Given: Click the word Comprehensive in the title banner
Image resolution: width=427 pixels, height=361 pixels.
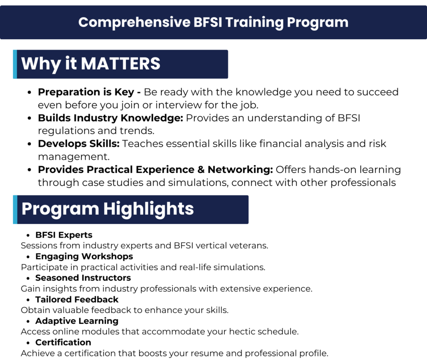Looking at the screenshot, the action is tap(135, 23).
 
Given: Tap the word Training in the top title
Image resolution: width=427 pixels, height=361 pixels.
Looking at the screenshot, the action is tap(254, 23).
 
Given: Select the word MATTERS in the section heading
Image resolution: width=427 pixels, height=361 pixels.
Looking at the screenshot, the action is tap(121, 63).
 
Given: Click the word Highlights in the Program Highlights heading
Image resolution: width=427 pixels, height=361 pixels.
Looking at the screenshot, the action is tap(148, 209).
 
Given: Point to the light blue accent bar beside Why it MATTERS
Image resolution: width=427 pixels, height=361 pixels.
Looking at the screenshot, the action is tap(15, 64).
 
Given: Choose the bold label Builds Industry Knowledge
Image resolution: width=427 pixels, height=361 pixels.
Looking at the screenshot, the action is tap(111, 118).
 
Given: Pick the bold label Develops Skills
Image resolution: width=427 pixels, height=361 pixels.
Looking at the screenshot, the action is tap(79, 144).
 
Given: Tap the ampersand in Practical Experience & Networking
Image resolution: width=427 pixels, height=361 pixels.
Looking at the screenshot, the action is tap(201, 170).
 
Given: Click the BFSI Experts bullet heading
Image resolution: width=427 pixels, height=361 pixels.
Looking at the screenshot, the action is tap(64, 235).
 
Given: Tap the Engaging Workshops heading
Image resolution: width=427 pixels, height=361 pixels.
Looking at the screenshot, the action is tap(84, 257).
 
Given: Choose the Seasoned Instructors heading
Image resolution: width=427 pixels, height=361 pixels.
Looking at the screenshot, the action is tap(83, 278).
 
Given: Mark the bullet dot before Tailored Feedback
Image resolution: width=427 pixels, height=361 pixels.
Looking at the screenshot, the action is tap(28, 300).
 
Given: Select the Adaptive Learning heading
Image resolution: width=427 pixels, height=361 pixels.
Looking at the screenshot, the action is tap(77, 321).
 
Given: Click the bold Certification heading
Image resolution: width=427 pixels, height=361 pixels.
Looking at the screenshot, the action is tap(63, 343).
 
